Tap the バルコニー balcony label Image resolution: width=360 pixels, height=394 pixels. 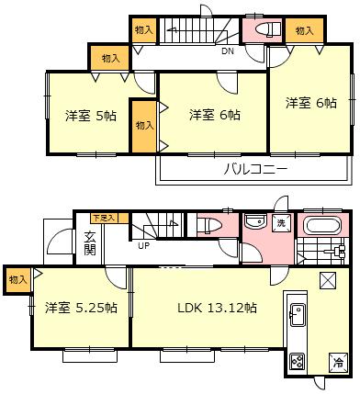pos(254,170)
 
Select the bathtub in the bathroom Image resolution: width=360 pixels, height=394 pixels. pos(322,227)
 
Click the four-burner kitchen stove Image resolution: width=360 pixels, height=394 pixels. pos(298,361)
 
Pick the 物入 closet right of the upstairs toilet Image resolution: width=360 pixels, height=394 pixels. pos(305,31)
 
